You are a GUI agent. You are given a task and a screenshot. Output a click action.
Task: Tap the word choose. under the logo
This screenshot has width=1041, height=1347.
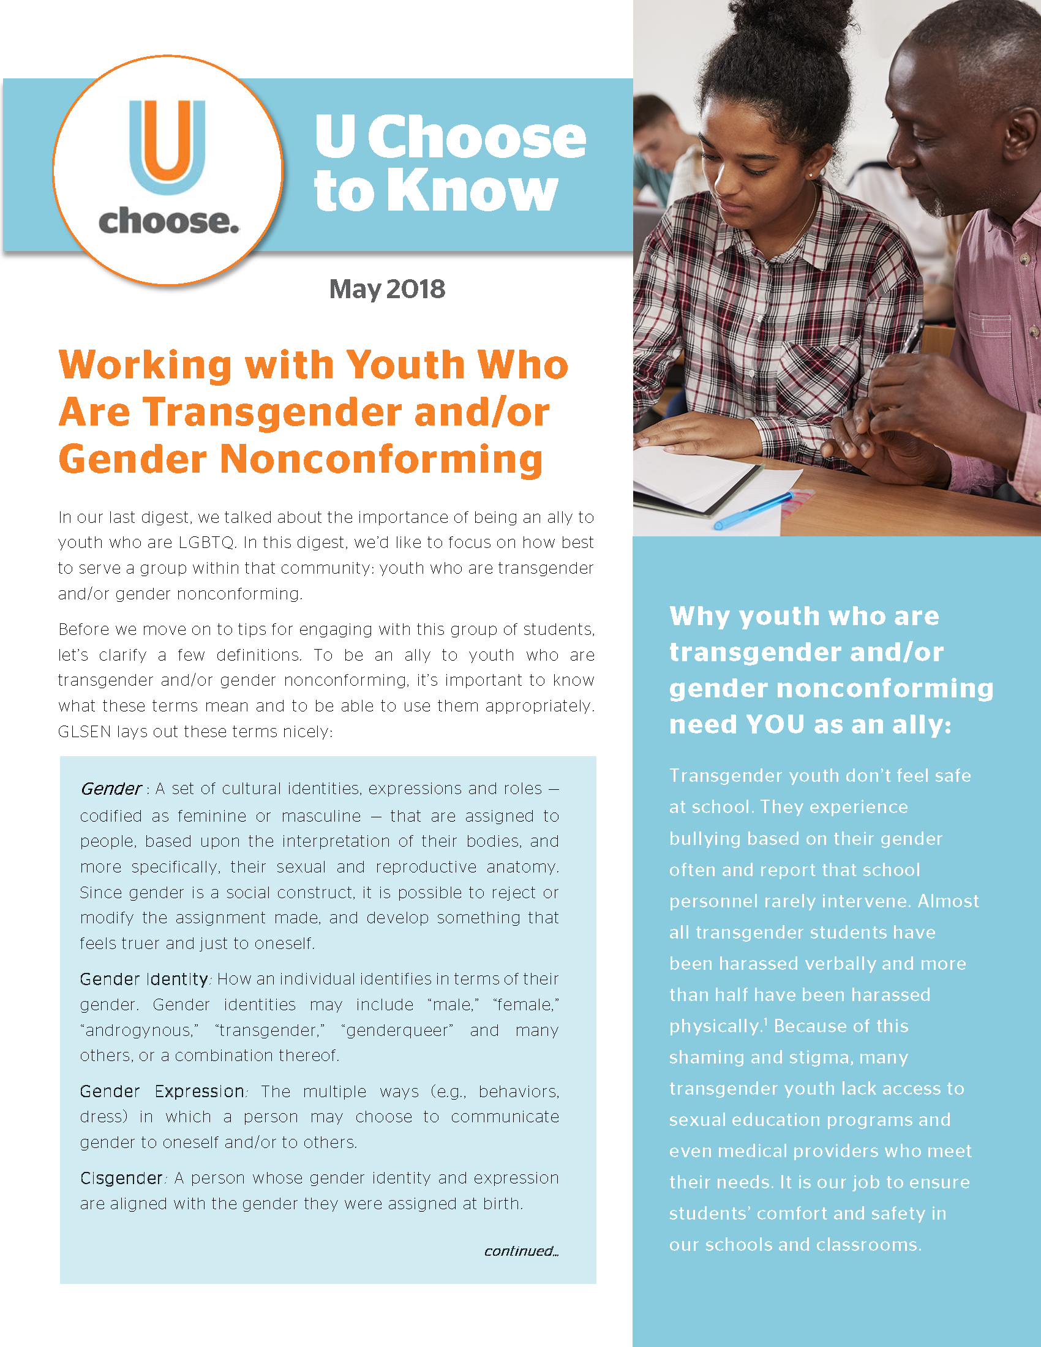(x=168, y=222)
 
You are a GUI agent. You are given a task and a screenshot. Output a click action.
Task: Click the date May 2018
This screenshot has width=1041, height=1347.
(x=386, y=289)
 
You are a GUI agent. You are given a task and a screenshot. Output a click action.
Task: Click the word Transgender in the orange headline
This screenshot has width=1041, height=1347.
(x=272, y=412)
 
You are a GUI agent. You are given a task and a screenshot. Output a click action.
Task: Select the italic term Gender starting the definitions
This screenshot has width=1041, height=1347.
(x=111, y=789)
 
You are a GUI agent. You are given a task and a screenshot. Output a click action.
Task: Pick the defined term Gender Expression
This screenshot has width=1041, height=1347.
(x=162, y=1092)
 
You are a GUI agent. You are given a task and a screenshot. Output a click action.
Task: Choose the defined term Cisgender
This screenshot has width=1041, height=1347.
(x=121, y=1179)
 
